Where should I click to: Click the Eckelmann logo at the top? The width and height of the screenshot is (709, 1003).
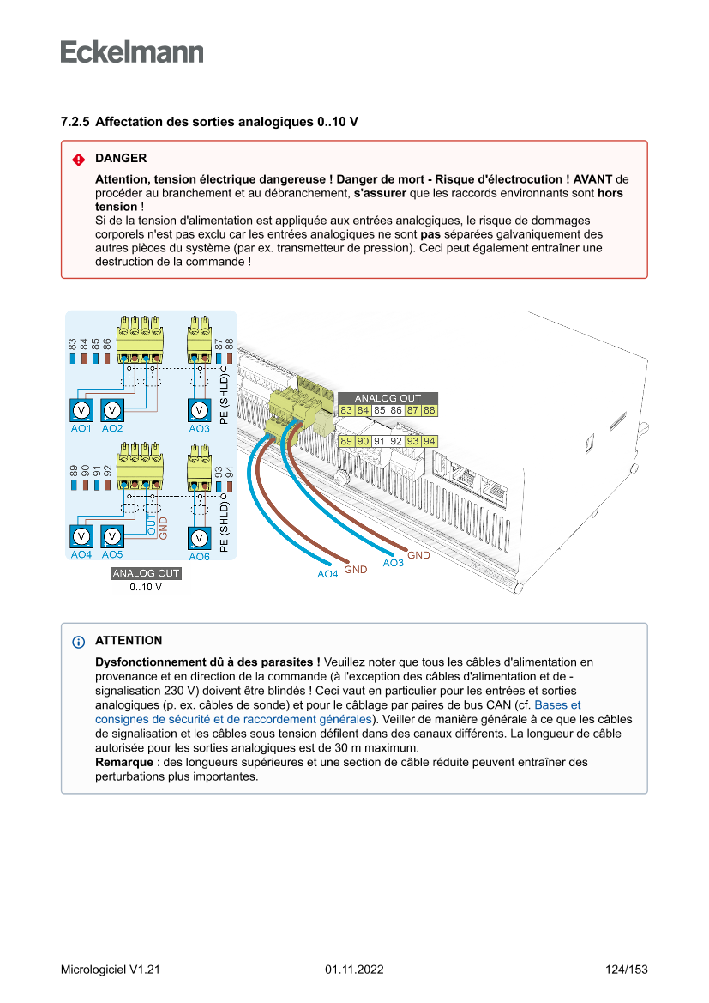tap(132, 51)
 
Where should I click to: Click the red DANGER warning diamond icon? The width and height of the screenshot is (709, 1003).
tap(78, 160)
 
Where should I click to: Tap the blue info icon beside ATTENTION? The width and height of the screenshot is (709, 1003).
tap(78, 642)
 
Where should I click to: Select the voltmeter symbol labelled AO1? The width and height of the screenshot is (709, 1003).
tap(81, 410)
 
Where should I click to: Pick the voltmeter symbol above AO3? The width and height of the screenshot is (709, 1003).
tap(199, 410)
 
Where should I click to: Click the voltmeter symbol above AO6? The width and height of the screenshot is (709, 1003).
tap(199, 538)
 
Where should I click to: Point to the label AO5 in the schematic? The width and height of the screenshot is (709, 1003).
tap(112, 555)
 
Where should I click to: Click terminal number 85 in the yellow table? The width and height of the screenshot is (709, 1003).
tap(379, 411)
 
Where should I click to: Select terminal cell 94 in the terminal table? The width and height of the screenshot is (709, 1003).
tap(430, 441)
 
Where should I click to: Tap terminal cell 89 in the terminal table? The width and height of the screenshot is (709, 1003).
tap(346, 441)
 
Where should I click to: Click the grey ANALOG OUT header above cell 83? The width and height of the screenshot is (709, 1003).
tap(388, 398)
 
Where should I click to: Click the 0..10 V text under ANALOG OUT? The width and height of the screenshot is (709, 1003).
tap(146, 588)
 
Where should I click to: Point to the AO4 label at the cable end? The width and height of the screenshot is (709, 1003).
tap(327, 574)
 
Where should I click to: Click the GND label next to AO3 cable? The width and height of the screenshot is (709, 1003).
tap(418, 555)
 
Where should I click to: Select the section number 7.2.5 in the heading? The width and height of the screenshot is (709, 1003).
tap(75, 122)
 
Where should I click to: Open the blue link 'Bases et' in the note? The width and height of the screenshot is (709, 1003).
tap(557, 704)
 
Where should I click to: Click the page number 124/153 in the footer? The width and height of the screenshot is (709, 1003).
tap(626, 970)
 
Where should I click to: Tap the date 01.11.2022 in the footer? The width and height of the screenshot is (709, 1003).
tap(354, 970)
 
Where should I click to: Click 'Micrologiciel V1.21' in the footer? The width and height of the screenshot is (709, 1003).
tap(111, 970)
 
